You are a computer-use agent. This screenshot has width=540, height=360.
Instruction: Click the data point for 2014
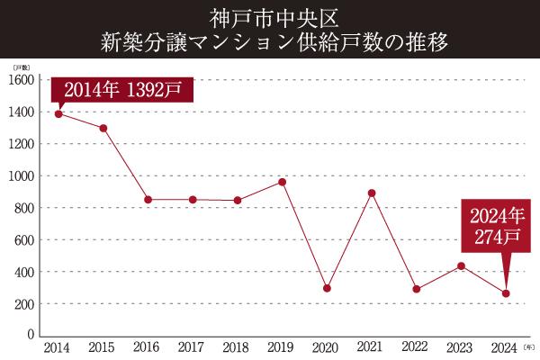pos(58,113)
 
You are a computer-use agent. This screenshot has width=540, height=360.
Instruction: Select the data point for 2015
pos(103,128)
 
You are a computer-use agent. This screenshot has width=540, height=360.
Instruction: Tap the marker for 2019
pos(282,182)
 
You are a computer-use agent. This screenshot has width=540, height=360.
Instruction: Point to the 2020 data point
pos(327,289)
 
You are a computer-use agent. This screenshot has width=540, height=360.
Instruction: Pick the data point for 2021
pos(372,193)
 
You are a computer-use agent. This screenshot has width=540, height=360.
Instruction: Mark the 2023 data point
pos(461,265)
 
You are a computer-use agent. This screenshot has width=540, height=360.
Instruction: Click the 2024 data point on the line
pos(506,293)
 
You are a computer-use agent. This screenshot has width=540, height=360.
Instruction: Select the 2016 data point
pos(148,200)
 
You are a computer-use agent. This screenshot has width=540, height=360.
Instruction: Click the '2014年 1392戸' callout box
pos(121,91)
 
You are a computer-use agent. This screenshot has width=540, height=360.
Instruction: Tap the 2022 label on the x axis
pos(416,346)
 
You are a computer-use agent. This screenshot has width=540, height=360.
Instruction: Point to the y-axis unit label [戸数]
pos(21,67)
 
